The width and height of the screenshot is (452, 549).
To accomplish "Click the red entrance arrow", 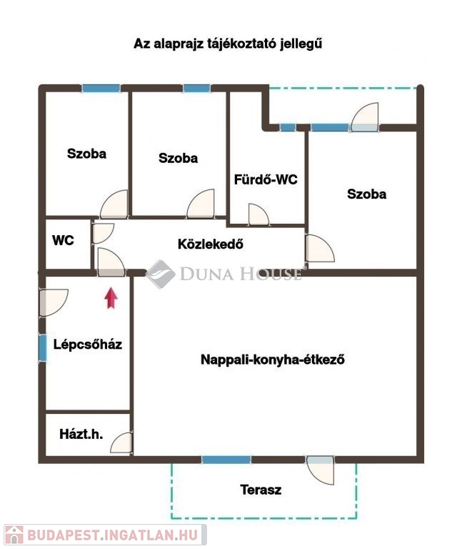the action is click(x=111, y=298).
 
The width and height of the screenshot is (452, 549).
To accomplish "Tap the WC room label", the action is click(x=63, y=240).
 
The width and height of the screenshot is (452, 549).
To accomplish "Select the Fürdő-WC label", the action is click(x=266, y=179).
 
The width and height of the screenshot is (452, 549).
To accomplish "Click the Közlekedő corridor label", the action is click(x=210, y=244).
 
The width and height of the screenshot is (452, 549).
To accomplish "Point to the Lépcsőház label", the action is click(x=87, y=344).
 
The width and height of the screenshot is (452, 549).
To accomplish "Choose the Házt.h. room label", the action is click(x=81, y=434).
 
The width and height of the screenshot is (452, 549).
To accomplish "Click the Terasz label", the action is click(x=261, y=490).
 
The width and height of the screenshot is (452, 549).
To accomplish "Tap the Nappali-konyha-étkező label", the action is click(x=273, y=360).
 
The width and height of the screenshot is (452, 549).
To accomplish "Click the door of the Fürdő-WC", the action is click(x=258, y=214).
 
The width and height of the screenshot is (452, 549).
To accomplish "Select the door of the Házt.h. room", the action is click(x=121, y=443).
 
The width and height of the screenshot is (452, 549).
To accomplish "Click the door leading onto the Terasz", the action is click(x=320, y=470).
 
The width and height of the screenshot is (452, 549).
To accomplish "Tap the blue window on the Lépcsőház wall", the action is click(x=43, y=348).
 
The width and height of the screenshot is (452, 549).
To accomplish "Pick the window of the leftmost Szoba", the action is click(x=101, y=88).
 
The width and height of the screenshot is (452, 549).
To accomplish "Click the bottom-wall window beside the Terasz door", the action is click(x=226, y=460).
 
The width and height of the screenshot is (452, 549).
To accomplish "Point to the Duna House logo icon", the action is click(x=161, y=274).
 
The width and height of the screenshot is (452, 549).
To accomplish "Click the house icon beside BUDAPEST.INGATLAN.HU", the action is click(x=14, y=535).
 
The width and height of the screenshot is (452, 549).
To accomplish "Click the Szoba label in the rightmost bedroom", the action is click(x=366, y=194).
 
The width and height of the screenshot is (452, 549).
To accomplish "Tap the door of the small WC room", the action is click(x=103, y=233).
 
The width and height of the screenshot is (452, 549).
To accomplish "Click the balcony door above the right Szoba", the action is click(x=365, y=117).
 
